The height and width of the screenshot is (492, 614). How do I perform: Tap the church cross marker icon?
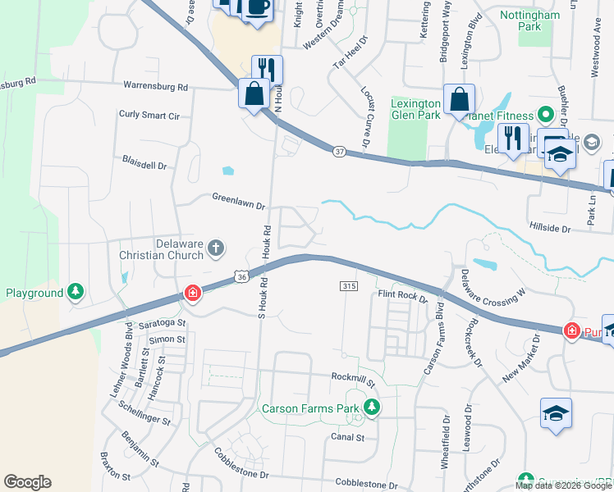(216, 248)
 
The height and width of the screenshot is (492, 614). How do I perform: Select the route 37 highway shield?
(339, 151)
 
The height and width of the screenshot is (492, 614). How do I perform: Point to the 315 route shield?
(347, 285)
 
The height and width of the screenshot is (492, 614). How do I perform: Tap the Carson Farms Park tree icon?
(372, 407)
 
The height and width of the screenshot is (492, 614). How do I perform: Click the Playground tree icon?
(76, 292)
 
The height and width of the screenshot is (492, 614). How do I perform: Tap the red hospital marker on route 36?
(192, 294)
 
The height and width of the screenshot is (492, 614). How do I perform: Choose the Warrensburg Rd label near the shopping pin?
(155, 86)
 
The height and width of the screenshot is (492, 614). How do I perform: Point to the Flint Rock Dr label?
(402, 295)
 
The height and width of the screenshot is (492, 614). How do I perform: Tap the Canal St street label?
(347, 437)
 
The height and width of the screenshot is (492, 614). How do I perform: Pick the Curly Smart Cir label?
(149, 116)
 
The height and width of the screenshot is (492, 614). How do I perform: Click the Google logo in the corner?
(27, 482)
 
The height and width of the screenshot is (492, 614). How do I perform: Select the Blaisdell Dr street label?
(144, 165)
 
